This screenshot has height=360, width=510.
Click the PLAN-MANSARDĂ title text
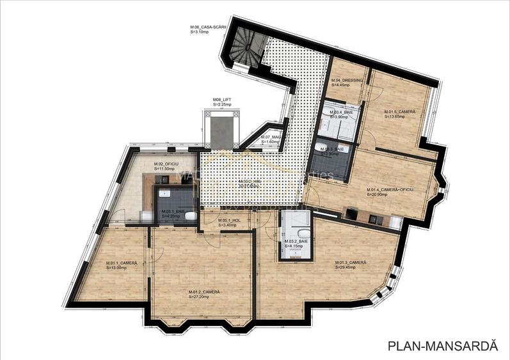click(442, 346)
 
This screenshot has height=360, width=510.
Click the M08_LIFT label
click(221, 100)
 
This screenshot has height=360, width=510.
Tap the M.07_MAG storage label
click(271, 137)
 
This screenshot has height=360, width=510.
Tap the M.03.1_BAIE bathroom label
click(173, 212)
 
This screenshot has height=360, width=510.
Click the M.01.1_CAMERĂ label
click(122, 263)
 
